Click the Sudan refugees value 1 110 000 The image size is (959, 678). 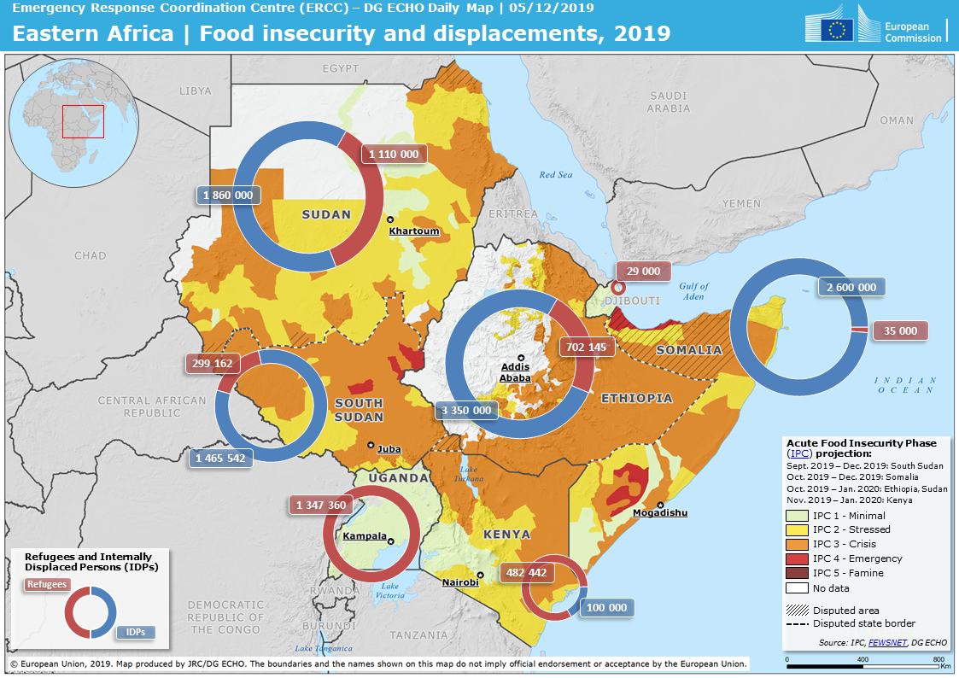tap(395, 155)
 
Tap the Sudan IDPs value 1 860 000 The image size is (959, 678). tap(228, 196)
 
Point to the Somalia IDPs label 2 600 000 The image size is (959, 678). tap(851, 287)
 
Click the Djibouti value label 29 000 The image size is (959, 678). tap(643, 271)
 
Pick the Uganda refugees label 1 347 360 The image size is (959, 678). tap(321, 506)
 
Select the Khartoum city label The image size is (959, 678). tap(414, 231)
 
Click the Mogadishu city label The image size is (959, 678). tap(660, 513)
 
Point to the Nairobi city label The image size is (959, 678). tap(460, 582)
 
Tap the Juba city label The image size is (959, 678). tap(389, 449)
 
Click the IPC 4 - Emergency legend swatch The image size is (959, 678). tap(796, 558)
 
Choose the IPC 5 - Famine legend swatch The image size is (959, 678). tap(796, 573)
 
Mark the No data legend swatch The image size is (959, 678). tap(796, 587)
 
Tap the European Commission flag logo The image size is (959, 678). tap(837, 30)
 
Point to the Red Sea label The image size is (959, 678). tap(556, 175)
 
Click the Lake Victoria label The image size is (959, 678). tap(390, 591)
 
